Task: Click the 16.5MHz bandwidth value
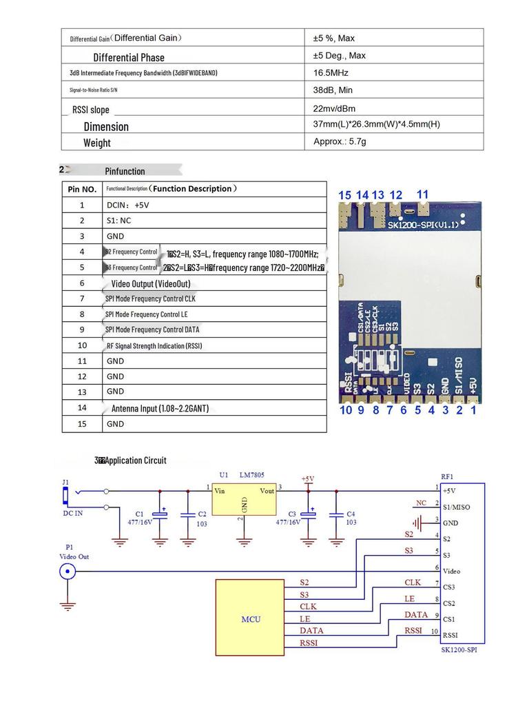pyautogui.click(x=331, y=72)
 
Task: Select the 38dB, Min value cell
pyautogui.click(x=333, y=90)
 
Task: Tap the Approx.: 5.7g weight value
pyautogui.click(x=340, y=141)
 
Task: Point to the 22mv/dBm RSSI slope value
pyautogui.click(x=334, y=108)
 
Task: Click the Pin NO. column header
pyautogui.click(x=82, y=189)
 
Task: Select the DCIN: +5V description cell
pyautogui.click(x=127, y=205)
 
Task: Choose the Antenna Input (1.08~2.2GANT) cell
pyautogui.click(x=160, y=408)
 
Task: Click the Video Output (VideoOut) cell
pyautogui.click(x=151, y=283)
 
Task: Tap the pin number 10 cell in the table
pyautogui.click(x=82, y=345)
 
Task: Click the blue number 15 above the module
pyautogui.click(x=344, y=195)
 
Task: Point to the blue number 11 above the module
pyautogui.click(x=422, y=194)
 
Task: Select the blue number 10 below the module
pyautogui.click(x=345, y=410)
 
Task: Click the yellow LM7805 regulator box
pyautogui.click(x=244, y=499)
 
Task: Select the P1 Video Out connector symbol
pyautogui.click(x=68, y=571)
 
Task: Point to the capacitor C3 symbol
pyautogui.click(x=311, y=514)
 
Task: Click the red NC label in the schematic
pyautogui.click(x=422, y=502)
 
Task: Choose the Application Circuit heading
pyautogui.click(x=131, y=461)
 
